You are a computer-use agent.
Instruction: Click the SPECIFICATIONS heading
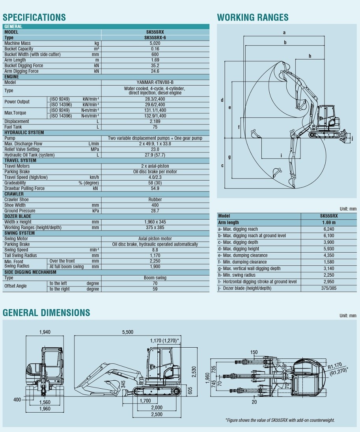pos(34,17)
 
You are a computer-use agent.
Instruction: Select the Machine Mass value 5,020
pos(155,43)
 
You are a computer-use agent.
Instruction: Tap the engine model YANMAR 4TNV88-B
pos(155,82)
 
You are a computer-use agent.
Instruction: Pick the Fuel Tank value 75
pos(155,127)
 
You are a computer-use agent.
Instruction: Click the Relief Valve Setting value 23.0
pos(155,149)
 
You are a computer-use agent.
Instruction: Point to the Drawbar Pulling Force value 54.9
pos(155,188)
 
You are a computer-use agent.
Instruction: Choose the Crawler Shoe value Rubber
pos(155,199)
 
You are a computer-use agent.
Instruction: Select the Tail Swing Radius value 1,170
pos(155,255)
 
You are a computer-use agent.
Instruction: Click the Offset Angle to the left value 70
pos(155,283)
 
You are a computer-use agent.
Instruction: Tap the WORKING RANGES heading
pos(253,17)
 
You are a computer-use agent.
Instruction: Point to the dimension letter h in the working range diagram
pos(310,56)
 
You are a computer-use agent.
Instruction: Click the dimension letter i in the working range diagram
pos(281,155)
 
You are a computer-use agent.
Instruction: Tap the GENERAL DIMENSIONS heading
pos(47,313)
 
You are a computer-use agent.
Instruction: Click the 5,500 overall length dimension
pos(128,332)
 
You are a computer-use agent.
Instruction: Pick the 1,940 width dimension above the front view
pos(45,332)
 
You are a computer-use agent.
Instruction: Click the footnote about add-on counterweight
pos(280,420)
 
